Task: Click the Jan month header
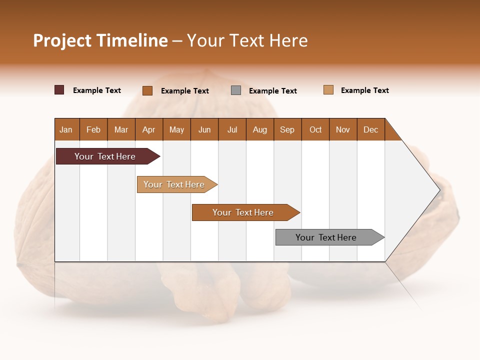coord(66,129)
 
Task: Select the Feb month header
coord(93,129)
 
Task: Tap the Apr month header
coord(149,129)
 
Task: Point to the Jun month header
coord(204,129)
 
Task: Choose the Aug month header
coord(260,129)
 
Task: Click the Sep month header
coord(287,129)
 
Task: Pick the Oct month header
coord(315,129)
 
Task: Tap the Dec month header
coord(371,129)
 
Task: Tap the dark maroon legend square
coord(59,90)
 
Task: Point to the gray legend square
coord(236,90)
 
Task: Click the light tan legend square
coord(328,90)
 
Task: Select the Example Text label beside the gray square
coord(273,91)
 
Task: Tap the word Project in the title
coord(62,40)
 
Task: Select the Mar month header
coord(121,129)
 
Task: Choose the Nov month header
coord(343,129)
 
